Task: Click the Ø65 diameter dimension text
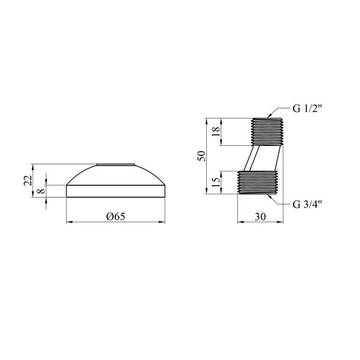tap(115, 216)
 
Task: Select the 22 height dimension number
tap(27, 181)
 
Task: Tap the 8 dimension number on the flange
tap(41, 191)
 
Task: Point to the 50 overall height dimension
tap(201, 156)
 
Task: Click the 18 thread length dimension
tap(216, 131)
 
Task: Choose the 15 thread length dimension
tap(216, 182)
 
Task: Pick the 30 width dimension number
tap(260, 217)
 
